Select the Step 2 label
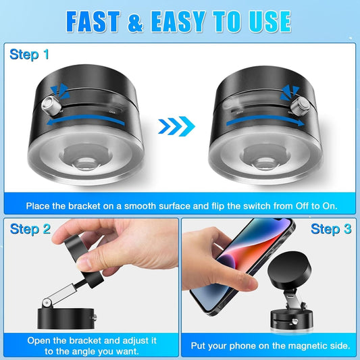click(x=30, y=228)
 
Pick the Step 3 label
click(x=330, y=228)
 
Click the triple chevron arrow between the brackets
click(x=178, y=125)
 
